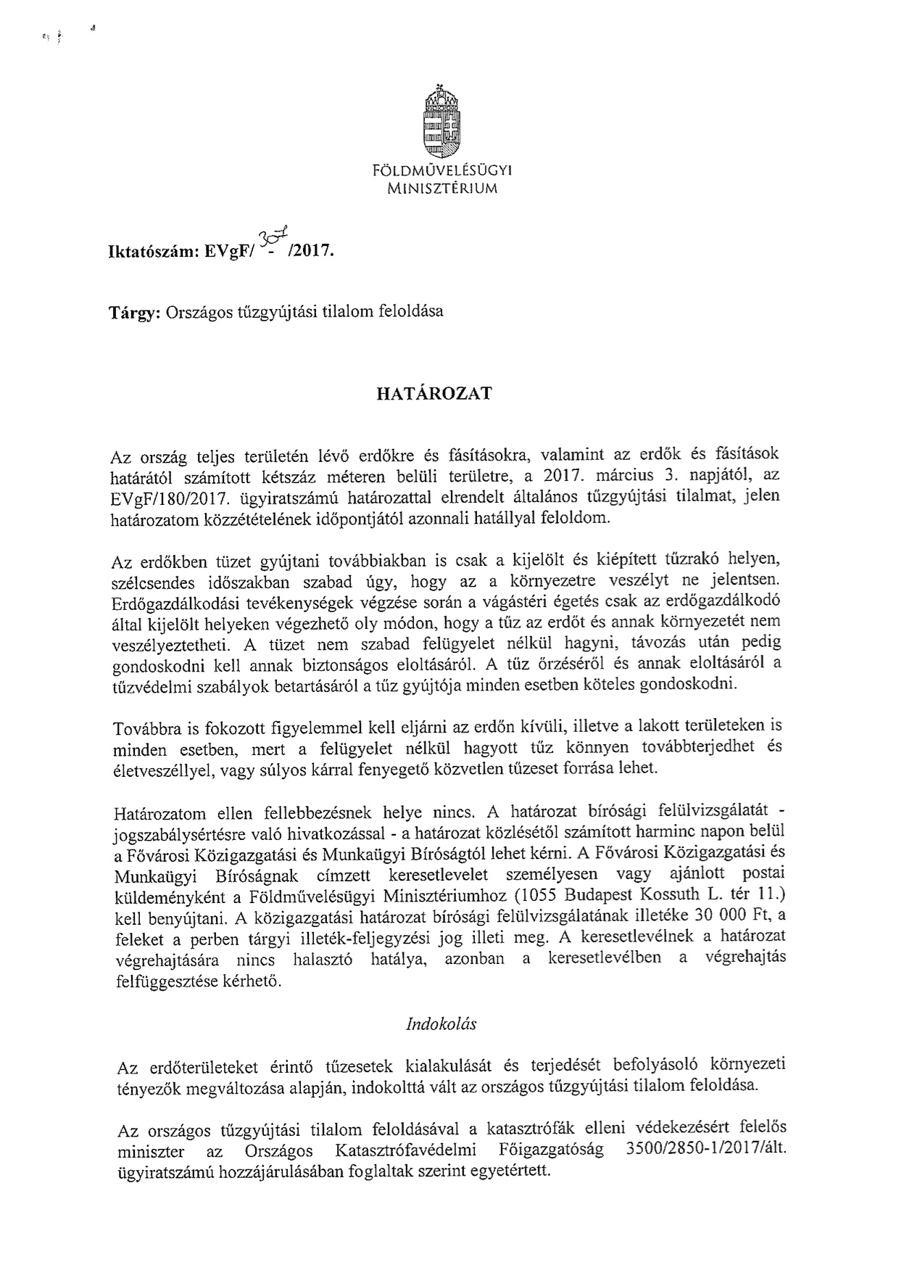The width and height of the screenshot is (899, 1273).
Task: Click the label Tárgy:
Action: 135,313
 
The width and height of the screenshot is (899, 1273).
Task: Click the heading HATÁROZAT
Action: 434,394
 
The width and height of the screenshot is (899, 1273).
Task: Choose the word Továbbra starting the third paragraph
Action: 148,728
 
